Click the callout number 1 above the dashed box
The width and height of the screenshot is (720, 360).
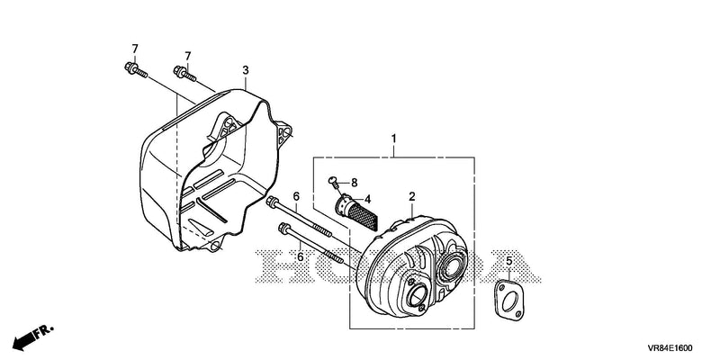(x=393, y=138)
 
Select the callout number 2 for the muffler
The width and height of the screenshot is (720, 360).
(x=412, y=196)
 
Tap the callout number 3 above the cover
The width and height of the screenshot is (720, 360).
(x=246, y=70)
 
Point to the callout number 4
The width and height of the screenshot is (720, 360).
(x=368, y=199)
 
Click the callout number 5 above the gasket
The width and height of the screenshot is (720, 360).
(x=508, y=262)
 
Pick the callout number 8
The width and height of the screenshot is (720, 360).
(x=354, y=183)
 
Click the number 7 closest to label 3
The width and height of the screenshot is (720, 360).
(x=188, y=56)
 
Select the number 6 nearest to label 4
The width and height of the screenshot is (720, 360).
(x=296, y=196)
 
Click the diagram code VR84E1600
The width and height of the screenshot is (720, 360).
(x=670, y=348)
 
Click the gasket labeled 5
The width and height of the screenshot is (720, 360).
(x=508, y=300)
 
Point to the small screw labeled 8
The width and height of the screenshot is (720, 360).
(x=333, y=183)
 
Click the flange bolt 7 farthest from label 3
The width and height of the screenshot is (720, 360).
(x=136, y=70)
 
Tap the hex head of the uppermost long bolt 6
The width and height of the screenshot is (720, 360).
(x=271, y=201)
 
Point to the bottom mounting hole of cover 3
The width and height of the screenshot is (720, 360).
(x=214, y=247)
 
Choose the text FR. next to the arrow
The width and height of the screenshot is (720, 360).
(x=44, y=330)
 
